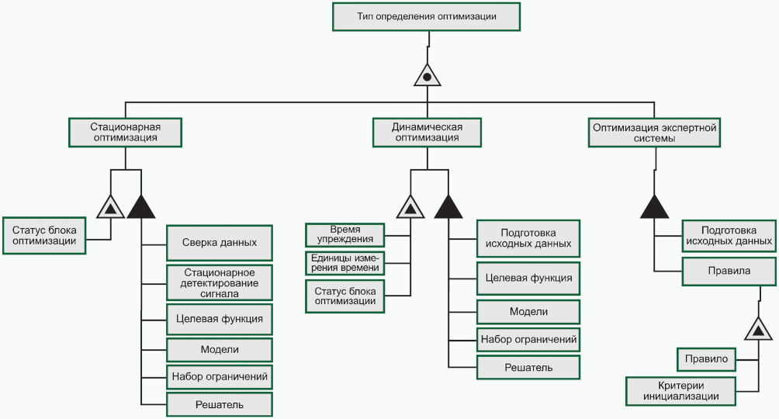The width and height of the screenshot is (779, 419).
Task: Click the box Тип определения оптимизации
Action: pyautogui.click(x=426, y=16)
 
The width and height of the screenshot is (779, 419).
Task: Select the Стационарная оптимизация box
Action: pyautogui.click(x=125, y=132)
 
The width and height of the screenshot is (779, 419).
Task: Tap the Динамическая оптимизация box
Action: pyautogui.click(x=428, y=132)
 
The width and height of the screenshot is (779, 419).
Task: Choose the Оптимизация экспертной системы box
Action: pyautogui.click(x=654, y=132)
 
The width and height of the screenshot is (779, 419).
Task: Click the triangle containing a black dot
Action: pyautogui.click(x=427, y=76)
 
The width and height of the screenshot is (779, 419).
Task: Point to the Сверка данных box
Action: pyautogui.click(x=220, y=243)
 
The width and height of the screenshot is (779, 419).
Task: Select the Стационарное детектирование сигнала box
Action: pyautogui.click(x=220, y=282)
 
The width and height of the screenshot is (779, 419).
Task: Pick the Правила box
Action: pyautogui.click(x=729, y=272)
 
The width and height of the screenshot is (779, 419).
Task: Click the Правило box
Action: pyautogui.click(x=706, y=360)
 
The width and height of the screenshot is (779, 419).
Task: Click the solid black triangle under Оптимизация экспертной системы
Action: pyautogui.click(x=654, y=206)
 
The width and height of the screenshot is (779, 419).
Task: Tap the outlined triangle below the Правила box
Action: pyautogui.click(x=758, y=330)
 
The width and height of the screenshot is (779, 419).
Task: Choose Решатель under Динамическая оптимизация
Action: pyautogui.click(x=528, y=367)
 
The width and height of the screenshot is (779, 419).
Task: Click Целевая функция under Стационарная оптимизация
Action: pyautogui.click(x=220, y=318)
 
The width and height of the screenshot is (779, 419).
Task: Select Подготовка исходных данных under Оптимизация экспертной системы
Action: pyautogui.click(x=729, y=235)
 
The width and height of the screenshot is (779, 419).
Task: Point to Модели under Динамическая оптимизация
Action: pyautogui.click(x=528, y=311)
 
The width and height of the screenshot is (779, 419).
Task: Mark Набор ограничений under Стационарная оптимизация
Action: pyautogui.click(x=220, y=377)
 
